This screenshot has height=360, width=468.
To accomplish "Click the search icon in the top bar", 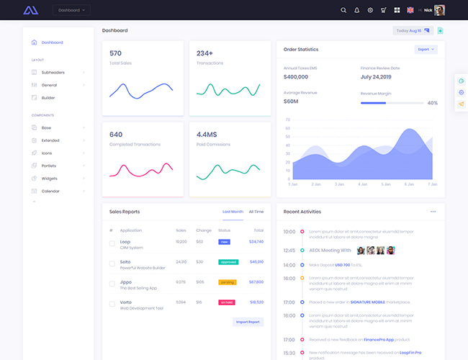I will click(343, 10).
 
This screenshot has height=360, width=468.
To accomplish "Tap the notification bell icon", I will click(356, 10).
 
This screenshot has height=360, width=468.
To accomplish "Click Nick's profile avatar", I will click(439, 10).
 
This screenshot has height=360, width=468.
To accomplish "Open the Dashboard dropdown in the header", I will click(72, 10).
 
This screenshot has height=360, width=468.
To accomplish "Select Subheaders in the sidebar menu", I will click(53, 72).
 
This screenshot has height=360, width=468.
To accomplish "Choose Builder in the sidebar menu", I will click(48, 97).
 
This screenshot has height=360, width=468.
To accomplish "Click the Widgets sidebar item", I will click(50, 178).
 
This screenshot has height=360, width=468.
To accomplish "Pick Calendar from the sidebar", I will click(50, 191).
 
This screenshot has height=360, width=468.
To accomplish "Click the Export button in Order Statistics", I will click(426, 50).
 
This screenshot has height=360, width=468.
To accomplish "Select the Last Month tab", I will click(233, 212).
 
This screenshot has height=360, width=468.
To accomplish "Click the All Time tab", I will click(256, 212).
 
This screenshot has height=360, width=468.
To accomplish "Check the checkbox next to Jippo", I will click(112, 284).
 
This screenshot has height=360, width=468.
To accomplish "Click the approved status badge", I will click(228, 262).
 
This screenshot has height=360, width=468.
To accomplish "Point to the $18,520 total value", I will click(256, 302).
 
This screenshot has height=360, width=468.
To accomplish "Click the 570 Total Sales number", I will click(115, 53).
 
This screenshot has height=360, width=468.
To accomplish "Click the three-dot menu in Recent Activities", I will click(433, 212).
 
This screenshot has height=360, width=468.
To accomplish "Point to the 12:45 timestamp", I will click(289, 251).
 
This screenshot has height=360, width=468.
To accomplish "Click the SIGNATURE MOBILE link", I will click(367, 302).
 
